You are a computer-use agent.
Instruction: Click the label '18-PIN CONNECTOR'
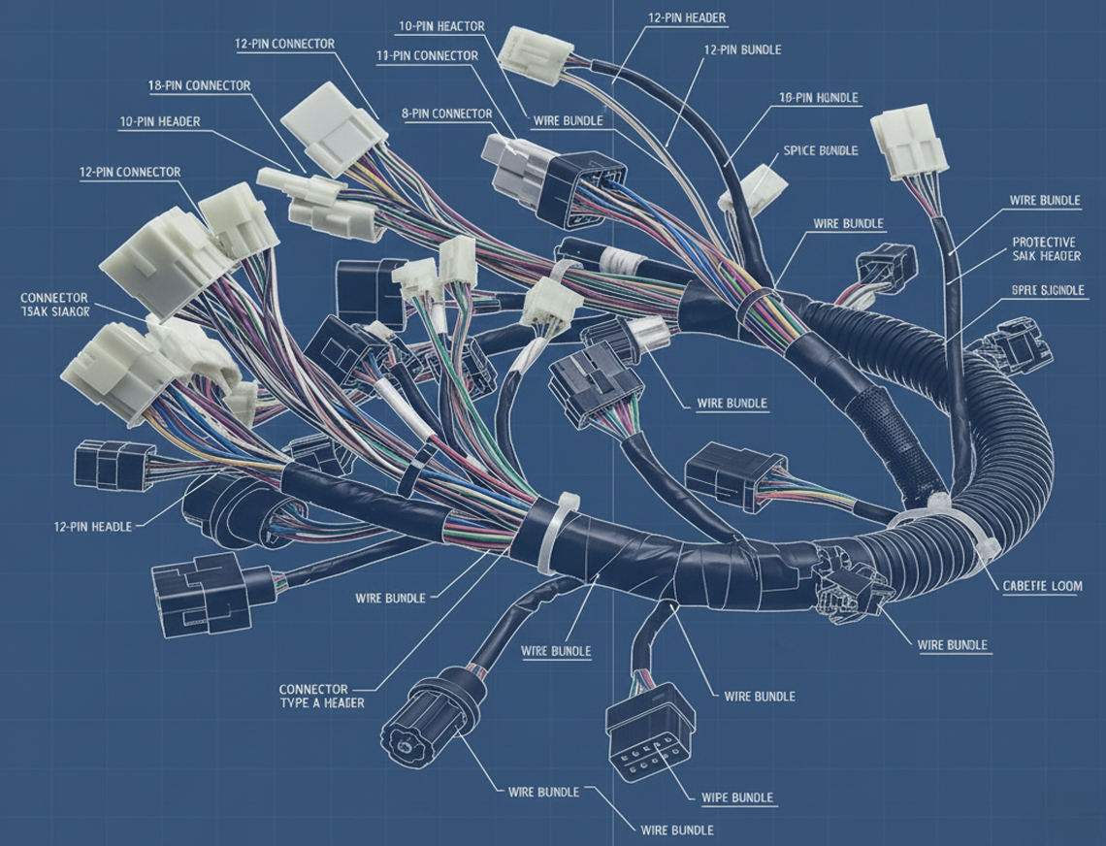tap(199, 85)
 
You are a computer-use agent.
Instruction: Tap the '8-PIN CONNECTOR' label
tap(446, 114)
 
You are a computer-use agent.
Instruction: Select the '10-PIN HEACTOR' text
tap(441, 26)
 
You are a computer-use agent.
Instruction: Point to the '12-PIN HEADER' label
tap(687, 18)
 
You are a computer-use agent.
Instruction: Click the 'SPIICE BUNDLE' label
tap(820, 150)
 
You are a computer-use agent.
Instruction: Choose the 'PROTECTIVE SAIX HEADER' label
tap(1046, 248)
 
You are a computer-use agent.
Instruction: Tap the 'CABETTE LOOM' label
tap(1042, 586)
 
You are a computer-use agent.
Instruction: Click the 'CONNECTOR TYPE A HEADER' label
tap(321, 695)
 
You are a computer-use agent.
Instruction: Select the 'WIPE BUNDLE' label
tap(737, 797)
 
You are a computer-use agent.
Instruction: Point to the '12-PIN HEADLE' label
tap(92, 525)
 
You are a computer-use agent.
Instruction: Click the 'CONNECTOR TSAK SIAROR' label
tap(54, 305)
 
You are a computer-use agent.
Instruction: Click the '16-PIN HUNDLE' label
tap(819, 98)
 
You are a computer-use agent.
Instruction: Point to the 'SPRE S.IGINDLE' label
tap(1046, 290)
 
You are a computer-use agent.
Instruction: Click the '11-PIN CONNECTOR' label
tap(427, 55)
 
